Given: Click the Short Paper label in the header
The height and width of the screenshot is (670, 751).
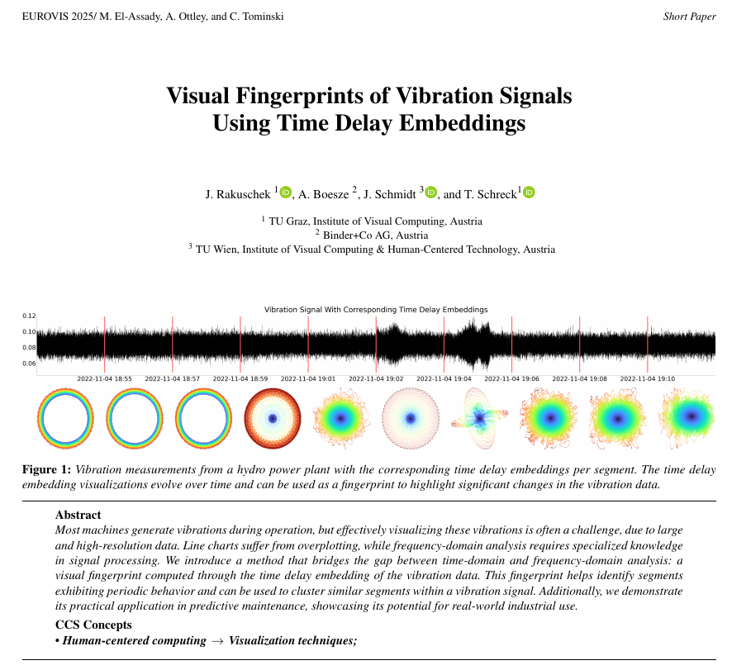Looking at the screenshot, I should click(x=689, y=17).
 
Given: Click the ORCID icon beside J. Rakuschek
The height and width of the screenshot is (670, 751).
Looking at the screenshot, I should click(x=286, y=192).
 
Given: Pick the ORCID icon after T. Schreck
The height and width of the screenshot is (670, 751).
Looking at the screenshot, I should click(x=529, y=192).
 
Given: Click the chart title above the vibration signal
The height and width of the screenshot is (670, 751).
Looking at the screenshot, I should click(x=376, y=309).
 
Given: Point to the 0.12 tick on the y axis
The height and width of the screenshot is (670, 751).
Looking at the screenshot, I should click(x=29, y=316).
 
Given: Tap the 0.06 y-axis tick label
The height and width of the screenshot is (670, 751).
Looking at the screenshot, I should click(x=29, y=364).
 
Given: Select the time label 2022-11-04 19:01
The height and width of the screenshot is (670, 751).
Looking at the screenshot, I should click(x=308, y=378).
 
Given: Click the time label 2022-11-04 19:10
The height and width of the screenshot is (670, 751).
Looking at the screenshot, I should click(x=647, y=378).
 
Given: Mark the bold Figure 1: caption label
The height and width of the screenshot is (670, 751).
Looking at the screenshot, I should click(x=46, y=470).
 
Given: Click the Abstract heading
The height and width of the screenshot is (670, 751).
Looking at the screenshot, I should click(x=78, y=515).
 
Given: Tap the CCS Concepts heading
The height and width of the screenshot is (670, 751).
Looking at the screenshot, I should click(x=93, y=625).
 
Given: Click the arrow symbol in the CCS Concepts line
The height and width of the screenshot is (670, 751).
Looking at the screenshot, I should click(x=217, y=641).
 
